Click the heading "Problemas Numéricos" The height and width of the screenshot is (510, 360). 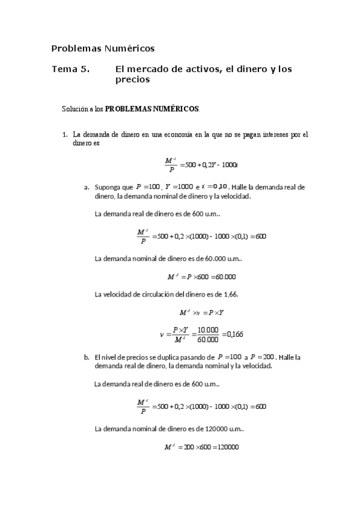click(x=103, y=48)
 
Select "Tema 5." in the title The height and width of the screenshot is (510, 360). click(x=70, y=69)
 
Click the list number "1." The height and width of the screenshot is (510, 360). click(x=66, y=135)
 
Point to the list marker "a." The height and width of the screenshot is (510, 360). click(x=87, y=187)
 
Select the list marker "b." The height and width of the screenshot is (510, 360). click(x=87, y=357)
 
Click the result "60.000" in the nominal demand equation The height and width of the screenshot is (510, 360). click(x=225, y=277)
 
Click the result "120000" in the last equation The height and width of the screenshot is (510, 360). click(x=227, y=447)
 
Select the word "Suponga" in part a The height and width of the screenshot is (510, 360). click(x=108, y=187)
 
